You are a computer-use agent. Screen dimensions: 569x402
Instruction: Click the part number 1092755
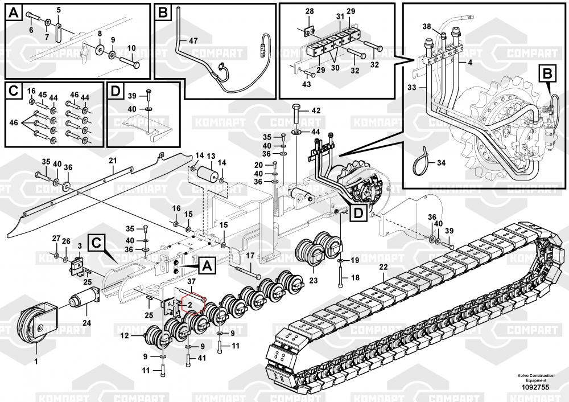coord(535,387)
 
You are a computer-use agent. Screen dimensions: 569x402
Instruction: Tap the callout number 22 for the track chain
coord(383,267)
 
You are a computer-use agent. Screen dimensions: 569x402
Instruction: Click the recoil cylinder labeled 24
coord(85,297)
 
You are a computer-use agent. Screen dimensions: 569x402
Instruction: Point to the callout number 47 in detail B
coord(193,40)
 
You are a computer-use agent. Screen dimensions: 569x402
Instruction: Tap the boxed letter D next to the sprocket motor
coord(358,213)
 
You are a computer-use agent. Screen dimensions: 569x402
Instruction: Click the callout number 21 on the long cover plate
coord(113,161)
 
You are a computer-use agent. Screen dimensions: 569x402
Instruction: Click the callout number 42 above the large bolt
coord(316,110)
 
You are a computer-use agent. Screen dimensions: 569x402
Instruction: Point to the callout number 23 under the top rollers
coord(313,280)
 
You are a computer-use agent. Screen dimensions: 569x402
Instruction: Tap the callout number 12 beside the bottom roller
coord(125,335)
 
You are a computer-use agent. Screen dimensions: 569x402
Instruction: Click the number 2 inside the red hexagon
coord(189,305)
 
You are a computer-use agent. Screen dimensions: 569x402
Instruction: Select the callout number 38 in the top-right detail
coord(427,27)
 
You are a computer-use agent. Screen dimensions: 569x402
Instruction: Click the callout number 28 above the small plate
coord(310,11)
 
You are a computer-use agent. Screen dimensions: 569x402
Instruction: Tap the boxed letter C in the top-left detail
coord(14,91)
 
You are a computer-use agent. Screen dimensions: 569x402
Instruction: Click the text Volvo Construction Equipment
coord(536,378)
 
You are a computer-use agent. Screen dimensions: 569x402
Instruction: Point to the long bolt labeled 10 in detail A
coord(129,61)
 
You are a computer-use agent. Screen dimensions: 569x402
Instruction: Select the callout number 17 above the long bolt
coord(250,256)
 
